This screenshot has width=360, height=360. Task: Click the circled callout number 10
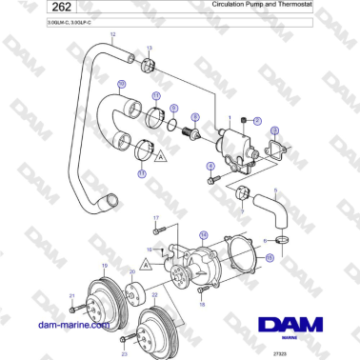[x=121, y=84]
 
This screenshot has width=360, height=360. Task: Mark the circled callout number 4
[x=210, y=165]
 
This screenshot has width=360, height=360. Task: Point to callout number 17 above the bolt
[x=154, y=218]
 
